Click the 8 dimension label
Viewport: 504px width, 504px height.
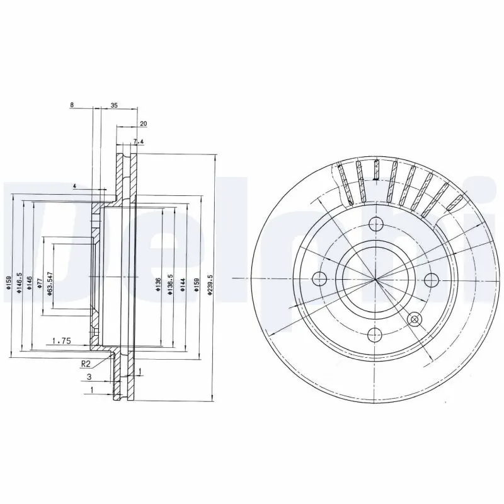pyautogui.click(x=72, y=105)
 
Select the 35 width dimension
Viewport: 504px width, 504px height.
pyautogui.click(x=114, y=105)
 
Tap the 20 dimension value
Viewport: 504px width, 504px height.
pyautogui.click(x=143, y=123)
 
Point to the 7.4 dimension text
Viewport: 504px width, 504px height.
pyautogui.click(x=139, y=142)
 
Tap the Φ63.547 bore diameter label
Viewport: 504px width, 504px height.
pyautogui.click(x=49, y=278)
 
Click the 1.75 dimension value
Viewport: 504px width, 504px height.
pyautogui.click(x=60, y=341)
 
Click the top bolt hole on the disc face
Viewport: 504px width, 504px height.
pyautogui.click(x=376, y=223)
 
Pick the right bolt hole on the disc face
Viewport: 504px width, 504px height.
pyautogui.click(x=432, y=278)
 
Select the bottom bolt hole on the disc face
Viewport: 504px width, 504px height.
pyautogui.click(x=376, y=334)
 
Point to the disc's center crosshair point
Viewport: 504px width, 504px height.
pyautogui.click(x=376, y=278)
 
